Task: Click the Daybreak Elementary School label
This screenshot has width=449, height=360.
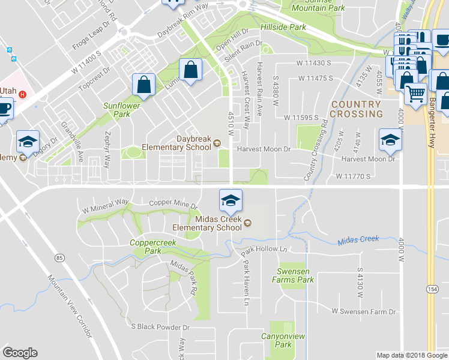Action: pos(177,142)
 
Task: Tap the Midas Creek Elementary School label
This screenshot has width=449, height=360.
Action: pos(207,223)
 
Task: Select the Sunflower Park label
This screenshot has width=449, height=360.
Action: pos(116,109)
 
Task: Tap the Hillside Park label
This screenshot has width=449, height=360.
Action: pos(283,27)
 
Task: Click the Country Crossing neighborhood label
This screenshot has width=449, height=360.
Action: pos(356,109)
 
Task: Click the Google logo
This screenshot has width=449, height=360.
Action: pos(20,353)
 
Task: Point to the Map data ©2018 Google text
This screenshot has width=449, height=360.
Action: pos(411,355)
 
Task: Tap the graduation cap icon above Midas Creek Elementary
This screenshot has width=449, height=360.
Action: pos(230,200)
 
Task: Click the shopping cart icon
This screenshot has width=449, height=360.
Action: pos(415,94)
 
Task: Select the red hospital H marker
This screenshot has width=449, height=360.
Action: pos(23,94)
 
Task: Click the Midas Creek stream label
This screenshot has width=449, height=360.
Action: pos(358,239)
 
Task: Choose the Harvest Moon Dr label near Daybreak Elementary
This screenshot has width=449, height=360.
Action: pos(264,149)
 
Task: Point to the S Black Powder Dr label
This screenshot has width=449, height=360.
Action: pos(160,328)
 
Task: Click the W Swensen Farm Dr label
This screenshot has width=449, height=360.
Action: pos(364,311)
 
